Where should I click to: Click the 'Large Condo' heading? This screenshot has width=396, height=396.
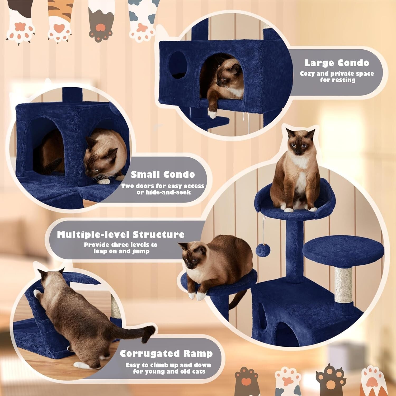tap(337, 63)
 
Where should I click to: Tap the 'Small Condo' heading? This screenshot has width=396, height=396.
tap(163, 175)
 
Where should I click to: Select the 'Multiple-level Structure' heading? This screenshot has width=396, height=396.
tap(121, 234)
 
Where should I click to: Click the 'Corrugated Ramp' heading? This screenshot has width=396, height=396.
tap(166, 353)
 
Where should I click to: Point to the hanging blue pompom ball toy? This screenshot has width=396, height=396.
tap(263, 250)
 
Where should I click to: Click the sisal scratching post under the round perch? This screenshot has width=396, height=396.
tap(343, 285)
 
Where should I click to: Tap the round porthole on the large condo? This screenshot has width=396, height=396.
tap(178, 65)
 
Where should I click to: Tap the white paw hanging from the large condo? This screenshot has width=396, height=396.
tap(213, 114)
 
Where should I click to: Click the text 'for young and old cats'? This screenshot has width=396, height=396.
tap(169, 371)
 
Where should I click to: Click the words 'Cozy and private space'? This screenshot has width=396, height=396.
tap(337, 74)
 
